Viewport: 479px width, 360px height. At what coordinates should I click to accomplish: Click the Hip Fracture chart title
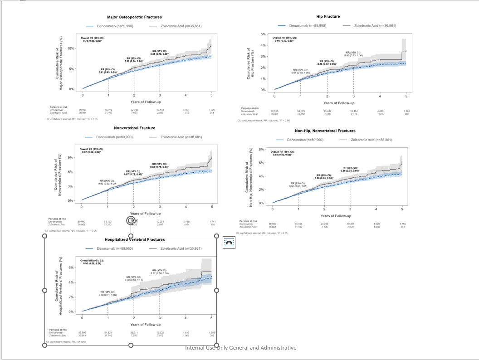(328, 16)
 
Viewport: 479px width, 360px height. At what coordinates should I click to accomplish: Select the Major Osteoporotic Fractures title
(131, 17)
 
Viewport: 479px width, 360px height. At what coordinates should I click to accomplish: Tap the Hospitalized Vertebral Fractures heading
(135, 239)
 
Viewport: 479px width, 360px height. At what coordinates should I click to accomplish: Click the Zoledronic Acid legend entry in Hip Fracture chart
(375, 26)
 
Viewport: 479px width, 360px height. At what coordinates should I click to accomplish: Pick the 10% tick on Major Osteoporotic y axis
(71, 49)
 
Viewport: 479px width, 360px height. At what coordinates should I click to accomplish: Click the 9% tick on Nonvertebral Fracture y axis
(70, 157)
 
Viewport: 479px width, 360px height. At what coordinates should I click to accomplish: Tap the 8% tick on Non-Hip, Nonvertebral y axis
(261, 149)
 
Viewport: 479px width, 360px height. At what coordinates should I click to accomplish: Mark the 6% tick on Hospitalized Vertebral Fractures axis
(71, 268)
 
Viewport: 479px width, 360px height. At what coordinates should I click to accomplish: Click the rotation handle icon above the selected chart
(131, 220)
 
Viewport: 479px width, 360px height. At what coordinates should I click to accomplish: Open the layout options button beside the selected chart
(229, 243)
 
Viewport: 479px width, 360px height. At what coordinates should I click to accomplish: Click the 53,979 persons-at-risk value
(108, 109)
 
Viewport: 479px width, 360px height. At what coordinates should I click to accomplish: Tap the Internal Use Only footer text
(240, 348)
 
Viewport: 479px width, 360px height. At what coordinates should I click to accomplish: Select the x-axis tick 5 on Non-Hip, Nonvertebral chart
(402, 209)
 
